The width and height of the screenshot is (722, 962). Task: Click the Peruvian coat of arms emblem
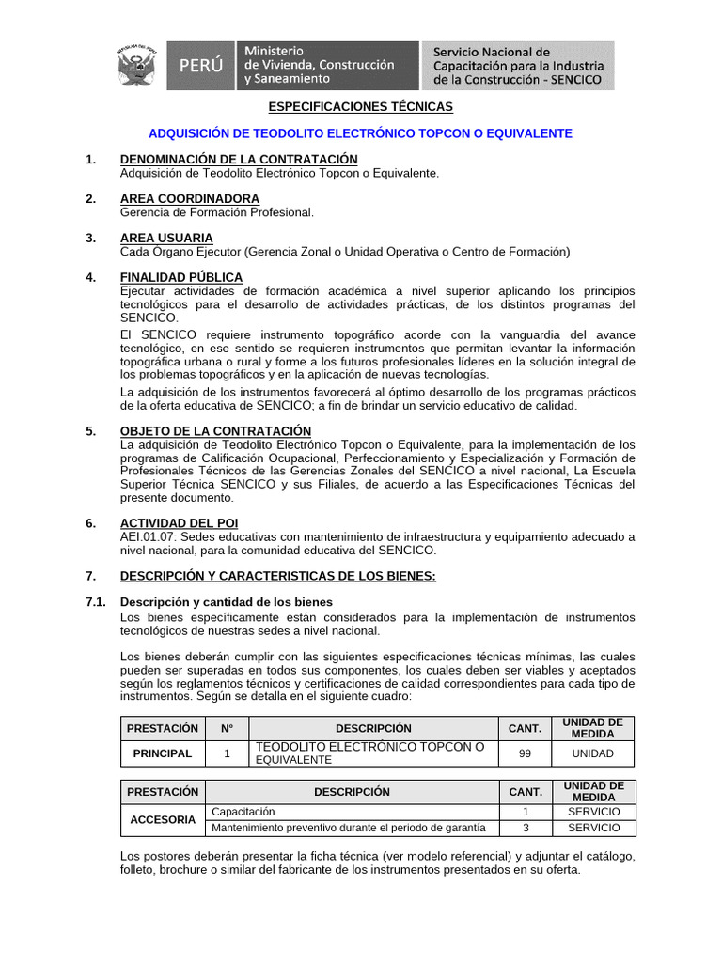(139, 66)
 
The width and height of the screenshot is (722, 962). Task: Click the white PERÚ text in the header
(201, 66)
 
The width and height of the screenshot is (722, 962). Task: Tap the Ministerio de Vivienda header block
(319, 65)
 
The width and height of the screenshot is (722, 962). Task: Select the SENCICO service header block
(518, 65)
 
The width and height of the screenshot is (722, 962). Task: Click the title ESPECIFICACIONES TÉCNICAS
(361, 107)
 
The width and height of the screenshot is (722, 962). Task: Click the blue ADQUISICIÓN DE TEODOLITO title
(361, 133)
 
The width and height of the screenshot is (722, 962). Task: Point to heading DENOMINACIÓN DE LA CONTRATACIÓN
(239, 160)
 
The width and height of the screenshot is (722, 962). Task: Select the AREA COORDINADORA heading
(190, 199)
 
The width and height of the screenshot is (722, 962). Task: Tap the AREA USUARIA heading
(166, 239)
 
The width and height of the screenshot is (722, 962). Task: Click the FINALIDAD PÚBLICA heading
(181, 277)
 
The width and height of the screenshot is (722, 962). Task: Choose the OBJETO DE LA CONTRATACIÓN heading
(215, 431)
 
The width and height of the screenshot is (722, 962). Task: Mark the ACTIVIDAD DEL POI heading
(179, 522)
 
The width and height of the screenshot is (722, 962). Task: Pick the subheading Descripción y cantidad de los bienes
(226, 601)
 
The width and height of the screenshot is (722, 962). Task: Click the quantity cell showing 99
(525, 753)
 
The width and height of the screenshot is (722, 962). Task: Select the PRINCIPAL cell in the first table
(163, 753)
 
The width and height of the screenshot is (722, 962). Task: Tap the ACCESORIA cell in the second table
(163, 819)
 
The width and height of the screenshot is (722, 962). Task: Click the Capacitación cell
(244, 811)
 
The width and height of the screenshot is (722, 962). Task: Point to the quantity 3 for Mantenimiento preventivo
(526, 828)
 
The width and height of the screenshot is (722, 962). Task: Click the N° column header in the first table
(227, 728)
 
